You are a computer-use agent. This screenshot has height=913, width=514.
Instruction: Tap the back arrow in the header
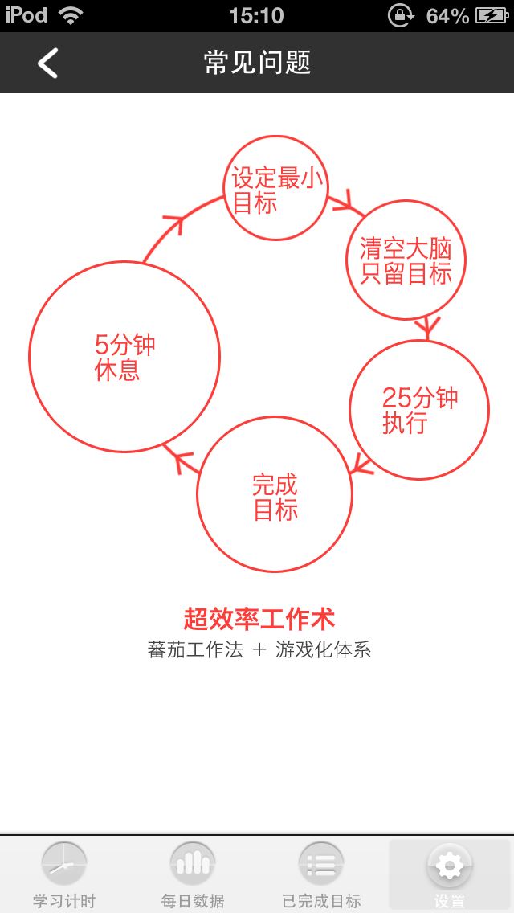pyautogui.click(x=48, y=63)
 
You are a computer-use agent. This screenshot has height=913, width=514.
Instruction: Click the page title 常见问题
pyautogui.click(x=257, y=63)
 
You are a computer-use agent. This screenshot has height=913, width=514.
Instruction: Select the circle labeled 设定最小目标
pyautogui.click(x=275, y=188)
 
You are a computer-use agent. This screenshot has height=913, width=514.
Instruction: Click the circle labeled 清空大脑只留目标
pyautogui.click(x=406, y=260)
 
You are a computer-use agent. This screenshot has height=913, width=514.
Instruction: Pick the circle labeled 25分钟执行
pyautogui.click(x=419, y=410)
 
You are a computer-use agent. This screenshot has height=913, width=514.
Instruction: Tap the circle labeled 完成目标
pyautogui.click(x=275, y=494)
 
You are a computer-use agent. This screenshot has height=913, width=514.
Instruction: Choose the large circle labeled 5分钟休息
pyautogui.click(x=124, y=357)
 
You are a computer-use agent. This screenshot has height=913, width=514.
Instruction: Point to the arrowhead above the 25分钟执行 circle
pyautogui.click(x=427, y=328)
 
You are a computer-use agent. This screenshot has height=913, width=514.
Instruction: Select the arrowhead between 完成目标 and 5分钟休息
pyautogui.click(x=184, y=461)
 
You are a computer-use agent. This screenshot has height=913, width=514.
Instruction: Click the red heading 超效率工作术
pyautogui.click(x=259, y=619)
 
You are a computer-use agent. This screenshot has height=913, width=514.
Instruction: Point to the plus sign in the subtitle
pyautogui.click(x=259, y=650)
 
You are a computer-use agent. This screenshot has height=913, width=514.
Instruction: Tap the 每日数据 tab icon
pyautogui.click(x=193, y=865)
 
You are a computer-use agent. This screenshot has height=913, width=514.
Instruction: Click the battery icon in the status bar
pyautogui.click(x=492, y=15)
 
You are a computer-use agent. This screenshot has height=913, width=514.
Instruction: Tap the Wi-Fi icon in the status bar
pyautogui.click(x=71, y=15)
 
